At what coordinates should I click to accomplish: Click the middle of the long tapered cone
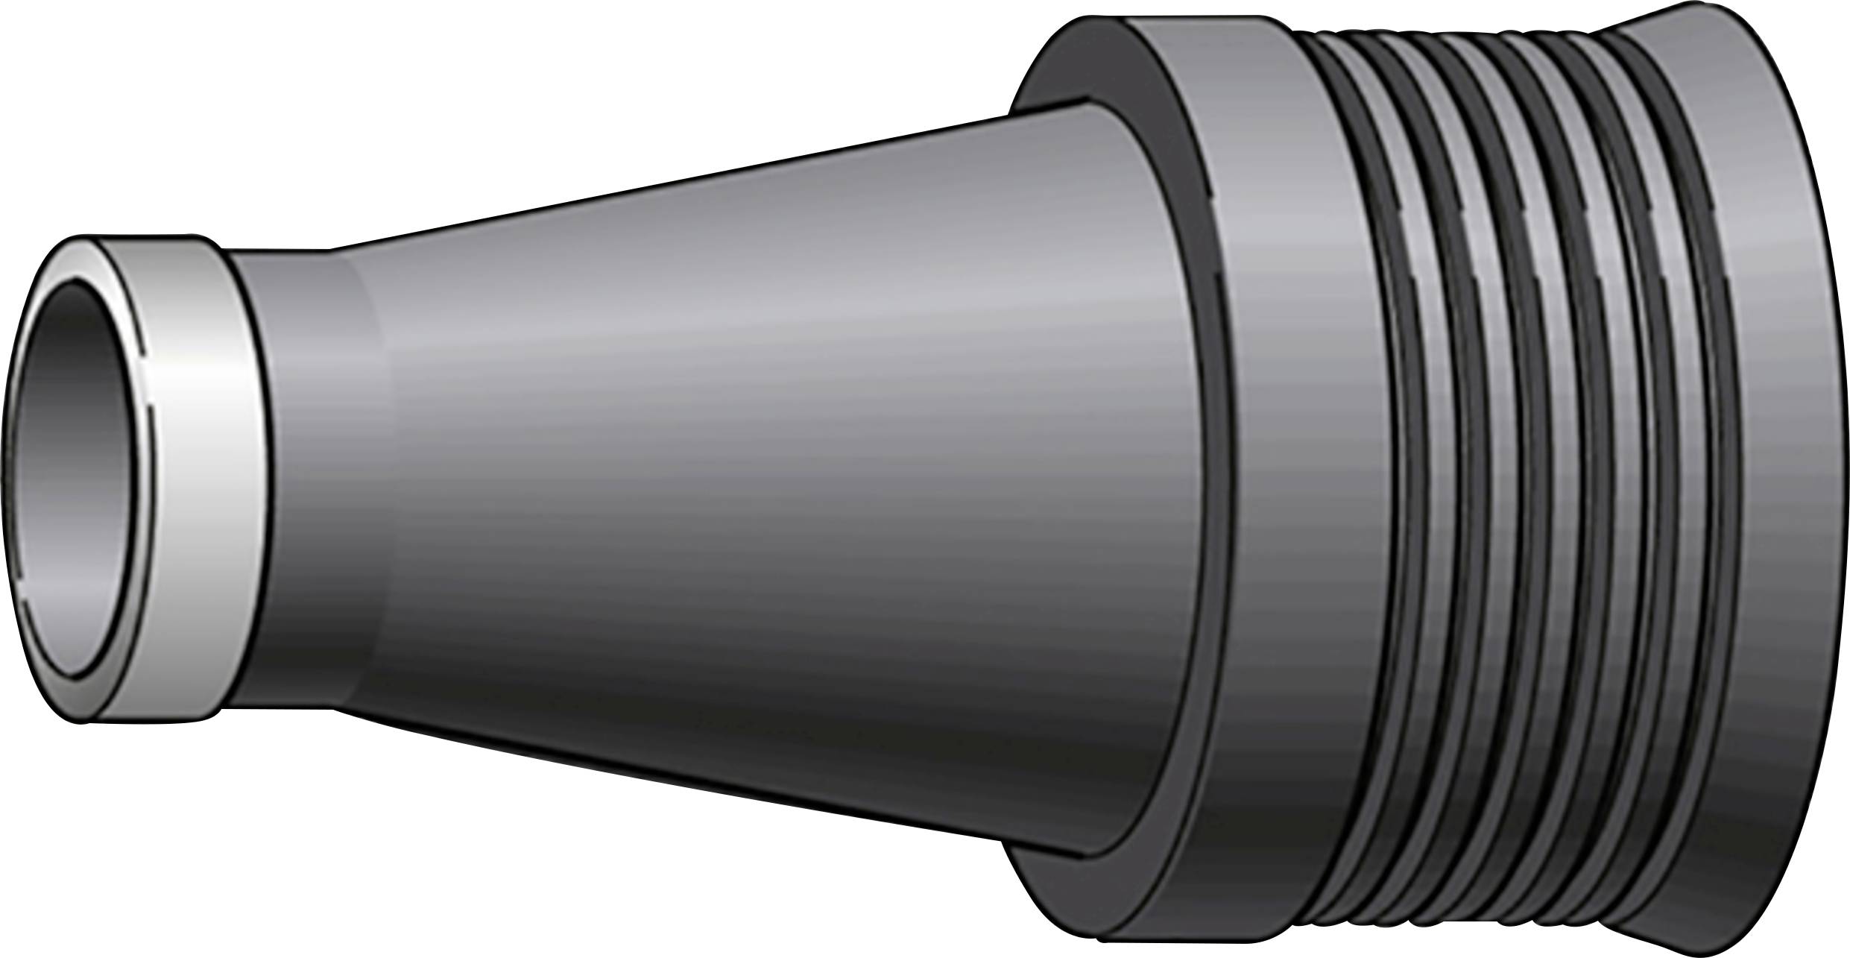point(745,485)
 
